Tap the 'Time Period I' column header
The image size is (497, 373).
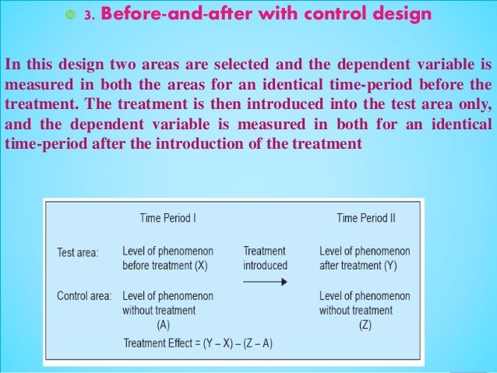(x=167, y=219)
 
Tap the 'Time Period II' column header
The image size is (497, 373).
(x=365, y=219)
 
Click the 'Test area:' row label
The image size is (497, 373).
(x=78, y=252)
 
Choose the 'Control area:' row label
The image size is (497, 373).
(x=84, y=297)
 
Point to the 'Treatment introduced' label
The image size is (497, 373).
(x=265, y=259)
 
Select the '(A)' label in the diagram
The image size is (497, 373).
(x=164, y=325)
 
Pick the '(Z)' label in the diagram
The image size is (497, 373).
(x=365, y=325)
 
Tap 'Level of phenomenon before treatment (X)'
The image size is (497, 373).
(x=167, y=259)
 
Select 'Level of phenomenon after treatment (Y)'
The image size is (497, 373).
(x=365, y=259)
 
